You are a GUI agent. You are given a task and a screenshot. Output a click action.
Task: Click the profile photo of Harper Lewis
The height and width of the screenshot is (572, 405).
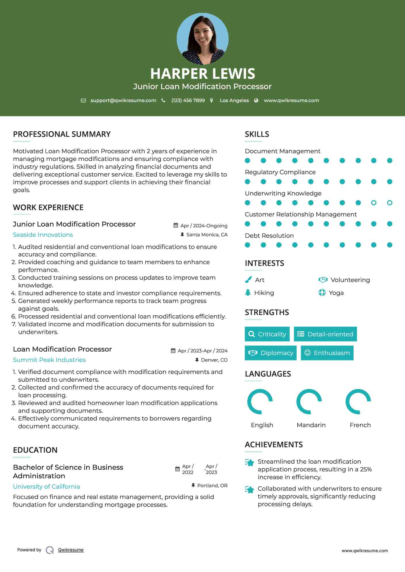point(202,39)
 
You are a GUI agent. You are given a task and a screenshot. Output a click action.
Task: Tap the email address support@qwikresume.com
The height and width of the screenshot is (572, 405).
point(123,100)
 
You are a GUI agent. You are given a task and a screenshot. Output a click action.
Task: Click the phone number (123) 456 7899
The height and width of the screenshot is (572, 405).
point(188,100)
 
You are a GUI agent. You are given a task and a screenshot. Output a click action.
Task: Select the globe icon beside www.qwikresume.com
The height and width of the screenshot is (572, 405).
point(256,100)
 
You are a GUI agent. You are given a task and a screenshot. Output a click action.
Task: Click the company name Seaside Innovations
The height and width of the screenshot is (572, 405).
point(43,235)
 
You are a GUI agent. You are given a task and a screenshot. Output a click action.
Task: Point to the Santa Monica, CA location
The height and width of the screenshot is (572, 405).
point(207,235)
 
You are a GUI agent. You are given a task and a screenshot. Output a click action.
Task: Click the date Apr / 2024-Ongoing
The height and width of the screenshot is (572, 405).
point(204,226)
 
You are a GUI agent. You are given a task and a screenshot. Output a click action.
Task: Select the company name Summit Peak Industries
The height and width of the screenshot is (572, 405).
point(49,360)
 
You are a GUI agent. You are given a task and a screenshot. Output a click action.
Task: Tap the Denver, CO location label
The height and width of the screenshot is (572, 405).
point(214,360)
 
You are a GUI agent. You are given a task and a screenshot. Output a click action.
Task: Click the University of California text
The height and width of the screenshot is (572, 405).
point(46,487)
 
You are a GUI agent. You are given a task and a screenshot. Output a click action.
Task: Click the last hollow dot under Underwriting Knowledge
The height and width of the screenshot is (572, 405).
point(389,203)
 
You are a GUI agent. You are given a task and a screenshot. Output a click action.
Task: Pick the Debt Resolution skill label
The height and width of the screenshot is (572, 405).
point(269,236)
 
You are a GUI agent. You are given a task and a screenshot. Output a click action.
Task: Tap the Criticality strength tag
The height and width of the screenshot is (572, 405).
point(267,334)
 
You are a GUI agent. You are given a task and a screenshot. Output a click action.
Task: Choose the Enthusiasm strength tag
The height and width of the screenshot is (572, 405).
point(327,353)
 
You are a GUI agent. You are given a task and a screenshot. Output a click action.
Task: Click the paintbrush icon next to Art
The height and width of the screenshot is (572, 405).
point(248,280)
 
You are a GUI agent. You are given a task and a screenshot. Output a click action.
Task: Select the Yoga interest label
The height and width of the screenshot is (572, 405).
point(336,293)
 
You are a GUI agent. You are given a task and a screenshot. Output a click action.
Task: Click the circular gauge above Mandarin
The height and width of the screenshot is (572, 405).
point(309,402)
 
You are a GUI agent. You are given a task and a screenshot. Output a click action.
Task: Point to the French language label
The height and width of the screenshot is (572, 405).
point(360,425)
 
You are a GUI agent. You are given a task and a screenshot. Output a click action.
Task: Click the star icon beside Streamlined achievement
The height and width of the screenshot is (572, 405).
point(250,463)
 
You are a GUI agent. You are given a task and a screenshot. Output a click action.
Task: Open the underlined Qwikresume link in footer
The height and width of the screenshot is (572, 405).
point(71,550)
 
